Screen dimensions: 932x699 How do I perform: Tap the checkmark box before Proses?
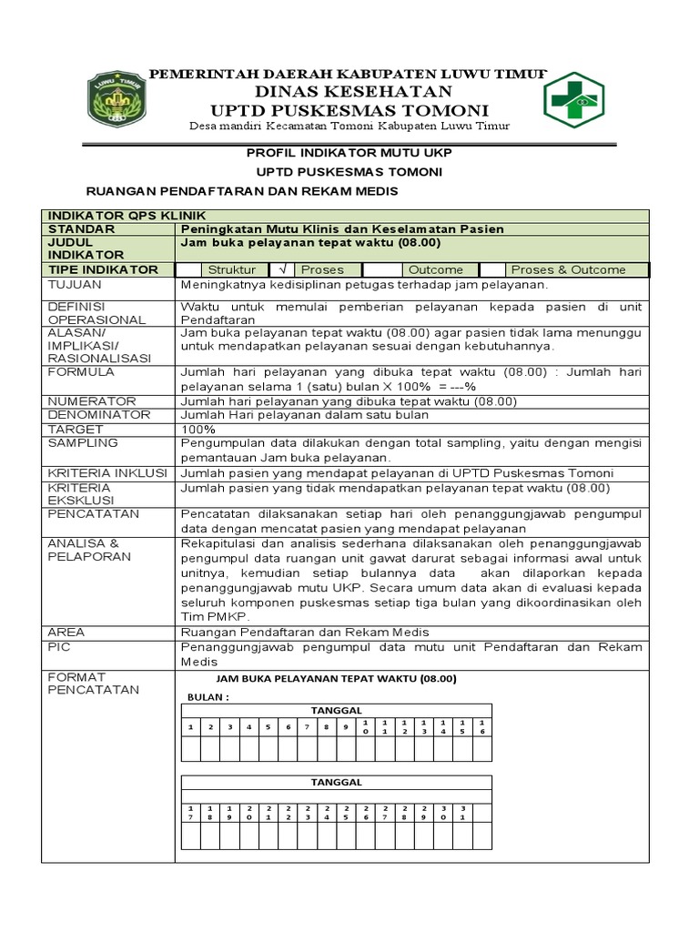pyautogui.click(x=283, y=269)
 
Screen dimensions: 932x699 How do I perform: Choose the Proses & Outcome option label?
pyautogui.click(x=568, y=269)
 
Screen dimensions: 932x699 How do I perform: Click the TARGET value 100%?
pyautogui.click(x=198, y=429)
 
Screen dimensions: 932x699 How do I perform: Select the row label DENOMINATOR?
pyautogui.click(x=98, y=415)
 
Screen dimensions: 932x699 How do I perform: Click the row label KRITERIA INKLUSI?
pyautogui.click(x=106, y=473)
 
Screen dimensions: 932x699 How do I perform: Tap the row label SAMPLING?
pyautogui.click(x=83, y=442)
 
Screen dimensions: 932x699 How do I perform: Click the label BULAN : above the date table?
pyautogui.click(x=208, y=697)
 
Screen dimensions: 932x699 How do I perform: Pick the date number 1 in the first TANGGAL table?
pyautogui.click(x=190, y=727)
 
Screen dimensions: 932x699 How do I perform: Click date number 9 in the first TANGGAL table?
pyautogui.click(x=346, y=727)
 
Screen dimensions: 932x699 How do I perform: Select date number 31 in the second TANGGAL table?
pyautogui.click(x=462, y=813)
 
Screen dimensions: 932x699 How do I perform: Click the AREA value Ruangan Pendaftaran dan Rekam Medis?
pyautogui.click(x=304, y=633)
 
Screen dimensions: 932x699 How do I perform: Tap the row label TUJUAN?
pyautogui.click(x=76, y=284)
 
